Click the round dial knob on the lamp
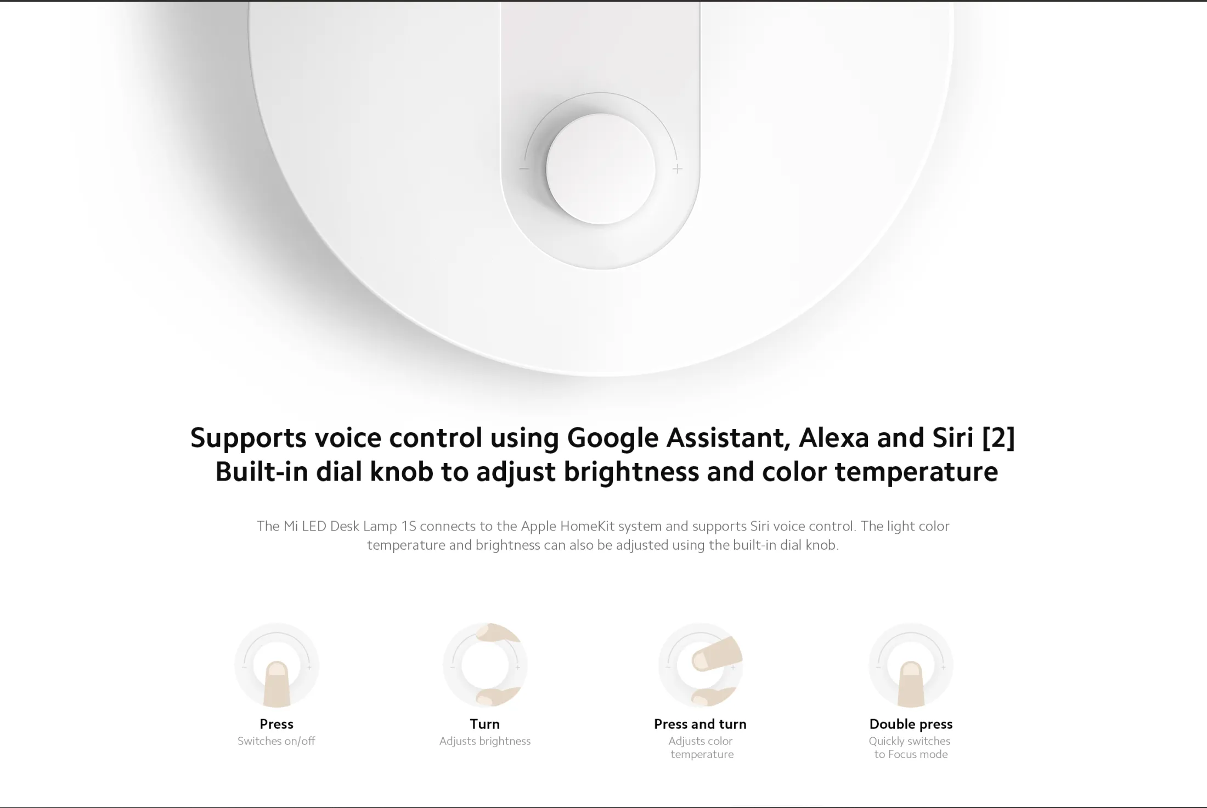coord(600,169)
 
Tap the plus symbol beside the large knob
coord(678,169)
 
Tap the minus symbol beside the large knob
coord(524,169)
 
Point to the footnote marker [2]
coord(999,438)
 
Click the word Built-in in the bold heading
coord(262,472)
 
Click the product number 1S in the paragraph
coord(409,526)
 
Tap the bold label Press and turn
coord(700,724)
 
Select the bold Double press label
coord(911,724)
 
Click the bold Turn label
coord(485,724)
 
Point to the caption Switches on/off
coord(277,741)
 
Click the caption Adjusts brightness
coord(485,741)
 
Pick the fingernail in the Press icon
coord(277,670)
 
